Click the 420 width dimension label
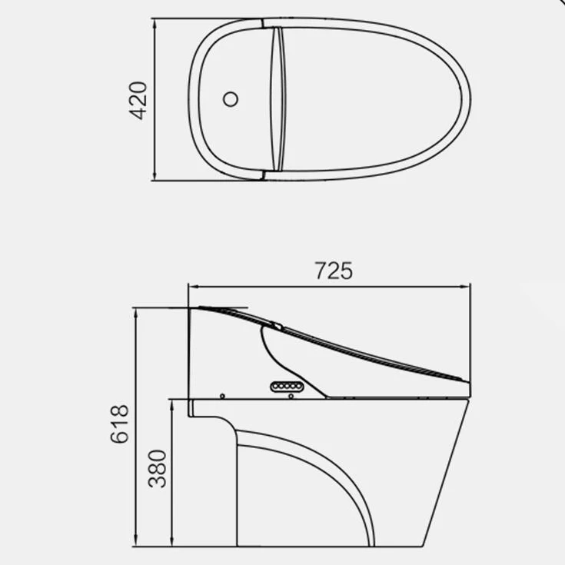click(x=138, y=101)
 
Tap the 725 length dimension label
click(x=334, y=271)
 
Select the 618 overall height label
click(x=119, y=424)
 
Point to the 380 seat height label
click(x=157, y=468)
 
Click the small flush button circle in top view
click(x=231, y=99)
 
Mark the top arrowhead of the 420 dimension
click(x=155, y=23)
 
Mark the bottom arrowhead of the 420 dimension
click(x=155, y=175)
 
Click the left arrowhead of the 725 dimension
click(x=194, y=287)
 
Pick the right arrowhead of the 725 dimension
click(x=465, y=287)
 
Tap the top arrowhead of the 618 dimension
click(x=136, y=313)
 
